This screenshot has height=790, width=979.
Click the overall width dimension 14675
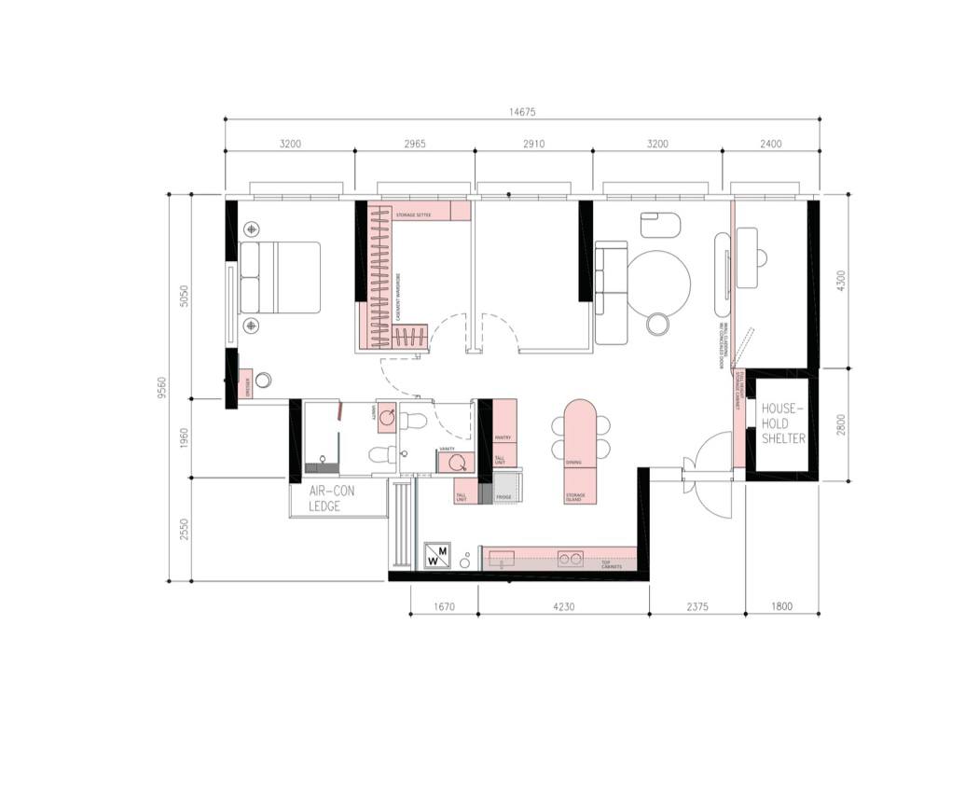(522, 112)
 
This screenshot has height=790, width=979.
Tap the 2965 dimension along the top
(414, 144)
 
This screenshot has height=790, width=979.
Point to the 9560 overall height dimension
(162, 386)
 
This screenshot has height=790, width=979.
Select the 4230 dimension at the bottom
(562, 607)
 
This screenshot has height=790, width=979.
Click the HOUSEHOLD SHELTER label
(783, 423)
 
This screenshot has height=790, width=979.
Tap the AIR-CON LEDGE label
(324, 498)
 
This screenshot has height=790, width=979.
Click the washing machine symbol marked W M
(437, 556)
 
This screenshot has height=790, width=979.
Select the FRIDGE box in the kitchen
(504, 497)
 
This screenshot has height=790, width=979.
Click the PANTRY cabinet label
(503, 436)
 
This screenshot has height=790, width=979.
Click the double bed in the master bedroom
(279, 277)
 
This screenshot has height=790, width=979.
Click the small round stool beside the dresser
(264, 381)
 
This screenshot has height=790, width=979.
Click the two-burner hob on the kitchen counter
(570, 559)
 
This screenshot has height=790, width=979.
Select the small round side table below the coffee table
(658, 324)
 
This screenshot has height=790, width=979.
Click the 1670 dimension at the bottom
(445, 607)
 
